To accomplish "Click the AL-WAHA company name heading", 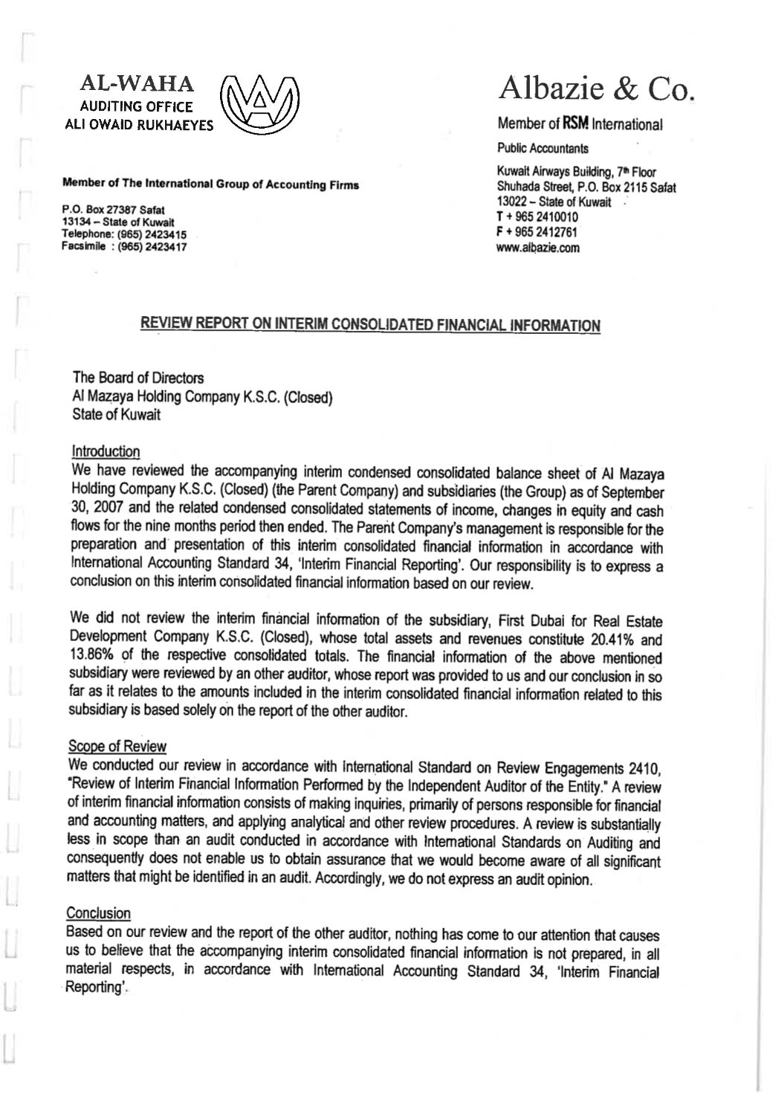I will (x=140, y=83).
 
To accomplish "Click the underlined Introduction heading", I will (x=106, y=451).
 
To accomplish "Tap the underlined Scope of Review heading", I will (x=117, y=746).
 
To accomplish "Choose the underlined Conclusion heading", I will (x=99, y=913).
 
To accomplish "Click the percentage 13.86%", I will (x=94, y=657).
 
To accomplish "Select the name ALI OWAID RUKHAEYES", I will (x=139, y=125).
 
